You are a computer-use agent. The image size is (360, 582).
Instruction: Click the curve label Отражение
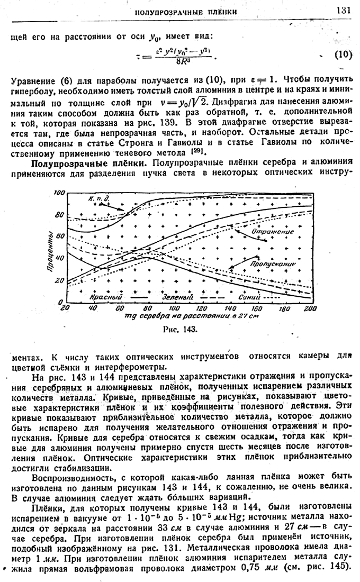(273, 231)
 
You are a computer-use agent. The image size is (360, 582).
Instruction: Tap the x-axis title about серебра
(187, 316)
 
